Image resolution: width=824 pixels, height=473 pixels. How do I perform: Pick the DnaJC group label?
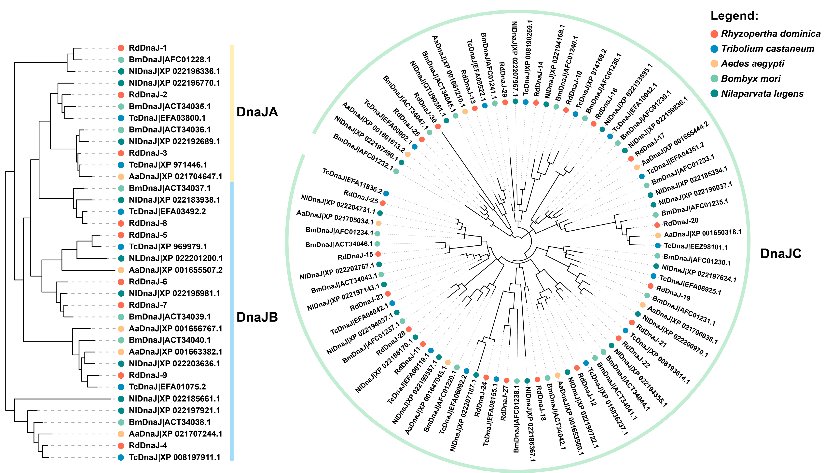[781, 254]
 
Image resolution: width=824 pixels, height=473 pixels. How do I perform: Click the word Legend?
[734, 16]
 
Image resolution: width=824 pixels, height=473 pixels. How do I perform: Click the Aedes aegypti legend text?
[752, 64]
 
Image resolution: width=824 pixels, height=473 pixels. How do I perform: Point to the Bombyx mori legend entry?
[750, 79]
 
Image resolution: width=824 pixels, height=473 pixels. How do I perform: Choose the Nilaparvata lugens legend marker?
[714, 94]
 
